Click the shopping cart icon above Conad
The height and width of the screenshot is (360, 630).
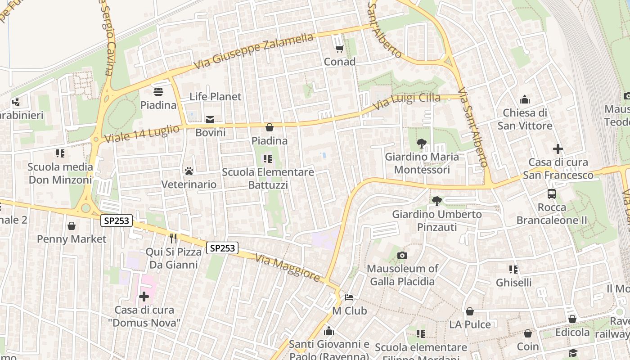point(339,48)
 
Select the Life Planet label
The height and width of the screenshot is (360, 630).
point(215,96)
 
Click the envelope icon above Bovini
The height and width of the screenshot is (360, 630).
point(210,119)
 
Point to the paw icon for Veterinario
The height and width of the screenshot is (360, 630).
point(189,171)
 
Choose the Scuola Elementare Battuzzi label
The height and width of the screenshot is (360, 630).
point(268,179)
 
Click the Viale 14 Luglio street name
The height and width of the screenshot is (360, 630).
point(142,134)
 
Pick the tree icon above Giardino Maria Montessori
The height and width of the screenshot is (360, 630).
point(422,144)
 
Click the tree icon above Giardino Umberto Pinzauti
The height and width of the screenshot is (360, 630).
point(436,201)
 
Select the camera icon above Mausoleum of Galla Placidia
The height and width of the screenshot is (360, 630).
point(402,256)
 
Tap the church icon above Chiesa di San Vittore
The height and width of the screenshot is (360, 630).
point(524,99)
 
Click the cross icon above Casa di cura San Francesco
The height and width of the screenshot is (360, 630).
point(558,149)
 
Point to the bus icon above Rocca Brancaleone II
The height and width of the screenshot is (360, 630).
point(552,194)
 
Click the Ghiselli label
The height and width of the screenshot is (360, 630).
point(513,283)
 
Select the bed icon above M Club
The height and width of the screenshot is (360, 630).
point(349,297)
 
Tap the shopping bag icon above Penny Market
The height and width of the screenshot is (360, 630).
point(72,225)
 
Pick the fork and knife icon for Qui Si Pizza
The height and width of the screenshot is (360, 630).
point(173,238)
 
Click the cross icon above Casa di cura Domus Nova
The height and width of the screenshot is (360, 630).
point(144,297)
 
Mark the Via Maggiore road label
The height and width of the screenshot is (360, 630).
point(288,267)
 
